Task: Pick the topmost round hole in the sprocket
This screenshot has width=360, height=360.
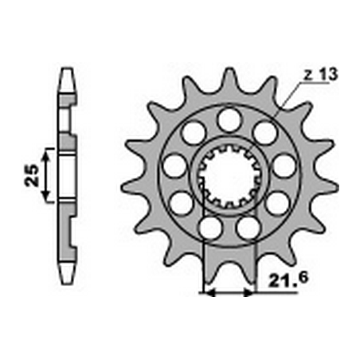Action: pyautogui.click(x=229, y=119)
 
